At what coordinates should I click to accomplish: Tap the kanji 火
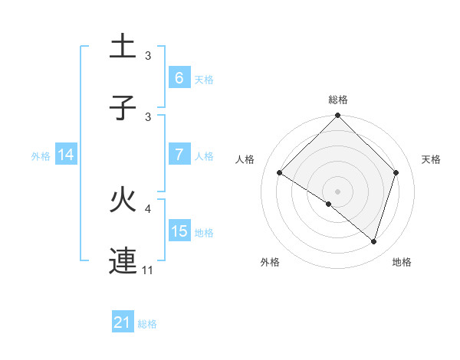(x=123, y=201)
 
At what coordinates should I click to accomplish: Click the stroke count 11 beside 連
(x=148, y=270)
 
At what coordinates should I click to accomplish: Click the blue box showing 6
(x=179, y=78)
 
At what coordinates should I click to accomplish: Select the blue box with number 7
(x=179, y=155)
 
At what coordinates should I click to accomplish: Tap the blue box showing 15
(x=179, y=231)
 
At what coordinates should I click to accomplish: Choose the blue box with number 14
(x=65, y=155)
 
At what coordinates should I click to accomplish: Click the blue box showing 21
(x=122, y=322)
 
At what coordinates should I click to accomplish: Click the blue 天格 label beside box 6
(x=204, y=79)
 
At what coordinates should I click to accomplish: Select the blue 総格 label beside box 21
(x=147, y=323)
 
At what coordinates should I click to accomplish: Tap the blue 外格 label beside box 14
(x=41, y=155)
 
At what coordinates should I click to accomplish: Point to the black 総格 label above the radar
(x=338, y=100)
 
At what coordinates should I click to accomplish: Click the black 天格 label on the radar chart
(x=432, y=159)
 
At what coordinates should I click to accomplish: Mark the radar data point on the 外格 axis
(x=329, y=205)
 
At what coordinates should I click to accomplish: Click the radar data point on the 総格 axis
(x=338, y=116)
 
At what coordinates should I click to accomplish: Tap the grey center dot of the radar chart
(x=338, y=191)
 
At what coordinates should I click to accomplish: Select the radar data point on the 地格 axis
(x=374, y=241)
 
